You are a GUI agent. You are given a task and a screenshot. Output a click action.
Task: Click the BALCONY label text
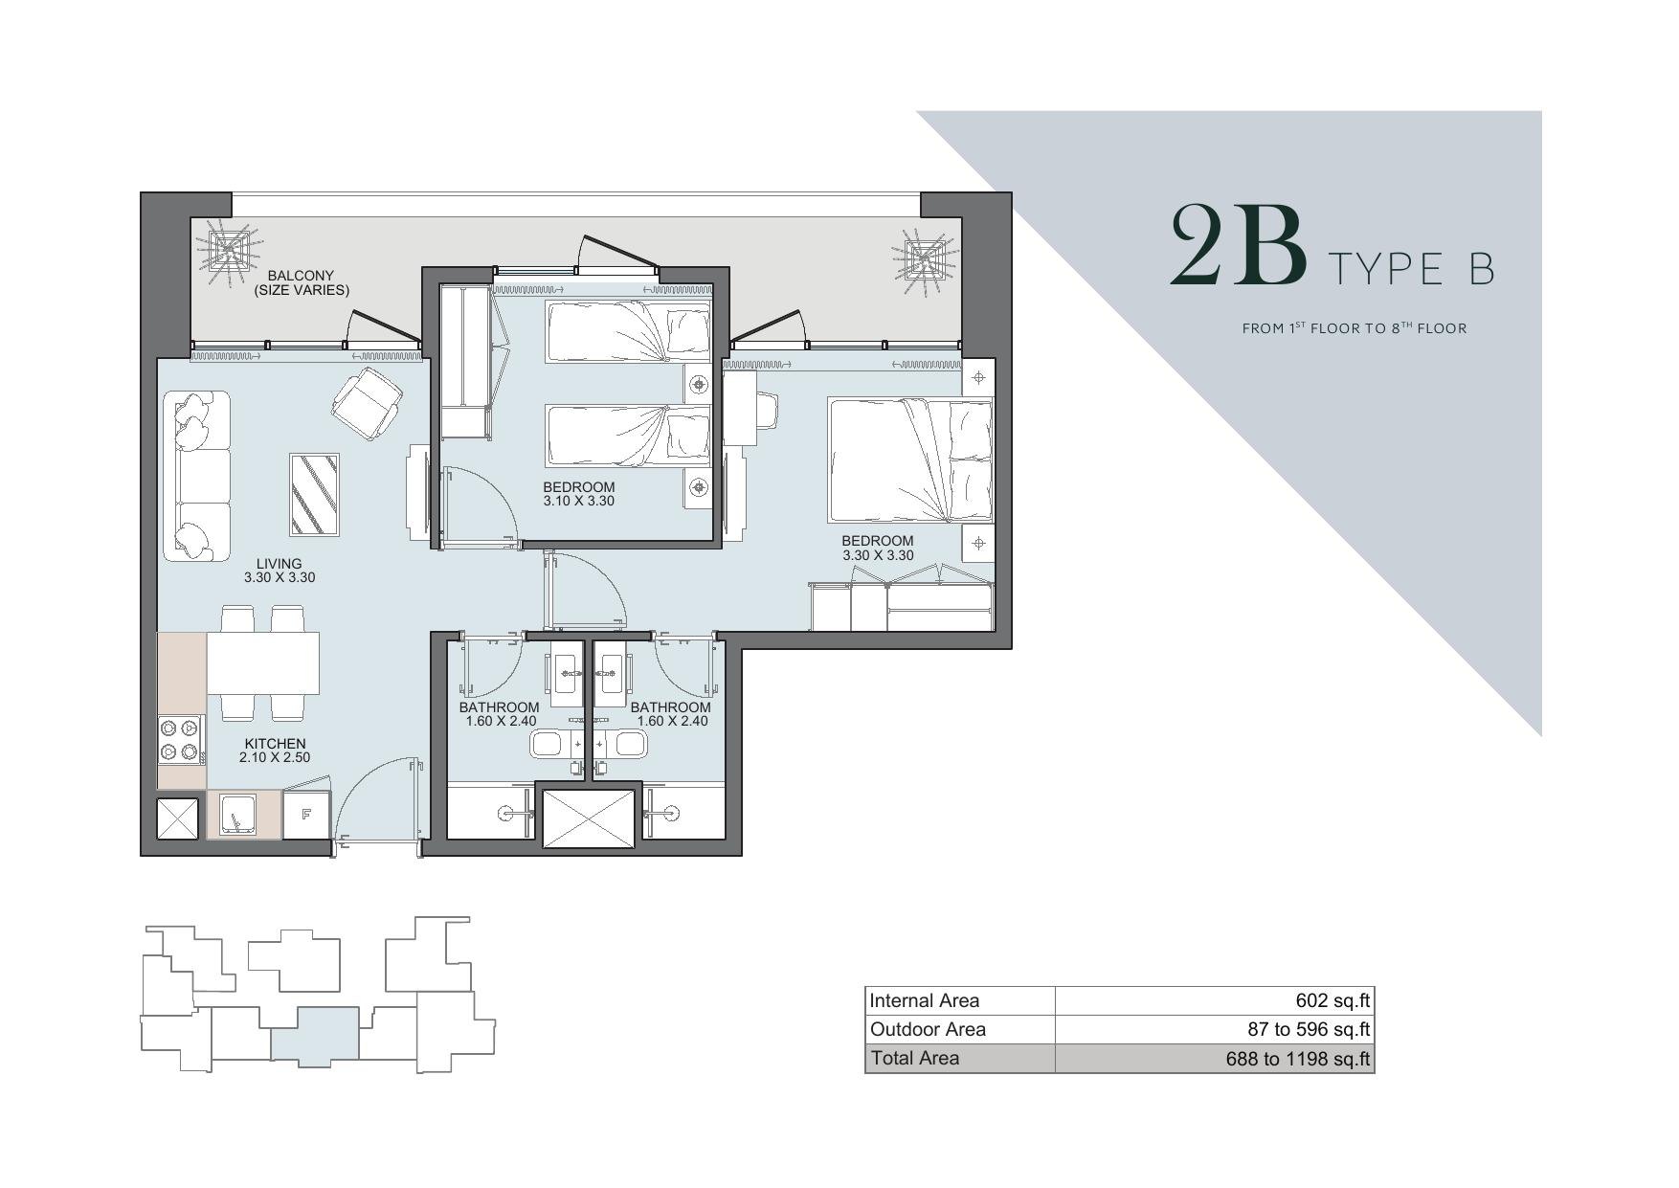[301, 276]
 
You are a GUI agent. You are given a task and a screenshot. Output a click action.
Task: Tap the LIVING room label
[280, 564]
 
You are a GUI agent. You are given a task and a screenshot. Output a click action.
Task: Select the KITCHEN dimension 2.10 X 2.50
[275, 757]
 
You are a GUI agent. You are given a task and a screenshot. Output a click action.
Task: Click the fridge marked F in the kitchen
[306, 815]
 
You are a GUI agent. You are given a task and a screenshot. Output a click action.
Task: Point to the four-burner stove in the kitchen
[180, 740]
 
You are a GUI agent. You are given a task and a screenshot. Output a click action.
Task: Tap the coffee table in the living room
[315, 495]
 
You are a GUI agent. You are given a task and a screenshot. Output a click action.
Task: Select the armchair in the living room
[367, 404]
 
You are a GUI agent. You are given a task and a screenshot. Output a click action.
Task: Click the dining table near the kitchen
[263, 662]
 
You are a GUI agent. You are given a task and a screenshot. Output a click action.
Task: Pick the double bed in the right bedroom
[910, 461]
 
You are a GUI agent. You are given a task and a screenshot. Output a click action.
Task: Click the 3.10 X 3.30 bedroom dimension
[578, 501]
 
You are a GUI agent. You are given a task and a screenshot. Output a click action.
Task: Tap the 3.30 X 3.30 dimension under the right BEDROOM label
[878, 555]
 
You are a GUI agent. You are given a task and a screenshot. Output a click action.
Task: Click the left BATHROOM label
[499, 707]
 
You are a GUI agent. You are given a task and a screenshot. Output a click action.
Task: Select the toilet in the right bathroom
[630, 744]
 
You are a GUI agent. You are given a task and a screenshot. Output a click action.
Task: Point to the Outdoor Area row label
[927, 1029]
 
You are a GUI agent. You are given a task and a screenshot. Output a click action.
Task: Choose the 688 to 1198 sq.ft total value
[1298, 1059]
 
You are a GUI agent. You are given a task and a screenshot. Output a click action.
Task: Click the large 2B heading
[1239, 246]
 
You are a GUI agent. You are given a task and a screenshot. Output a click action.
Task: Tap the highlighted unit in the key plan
[315, 1036]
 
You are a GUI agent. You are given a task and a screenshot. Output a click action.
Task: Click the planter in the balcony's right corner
[925, 256]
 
